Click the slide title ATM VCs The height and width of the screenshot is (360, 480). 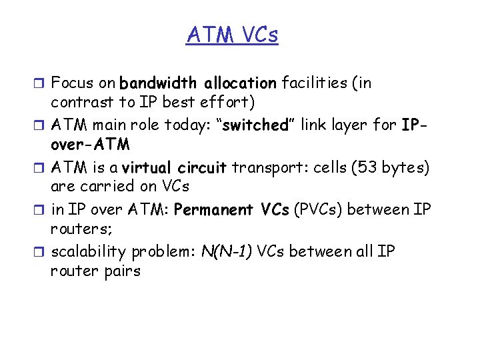[x=232, y=34]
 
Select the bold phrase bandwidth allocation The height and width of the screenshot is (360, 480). [x=197, y=83]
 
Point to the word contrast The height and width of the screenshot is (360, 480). [x=77, y=103]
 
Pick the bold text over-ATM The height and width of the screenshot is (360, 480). [x=90, y=145]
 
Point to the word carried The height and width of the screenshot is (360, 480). [x=111, y=187]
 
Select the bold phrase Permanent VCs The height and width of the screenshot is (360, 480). [x=231, y=209]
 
